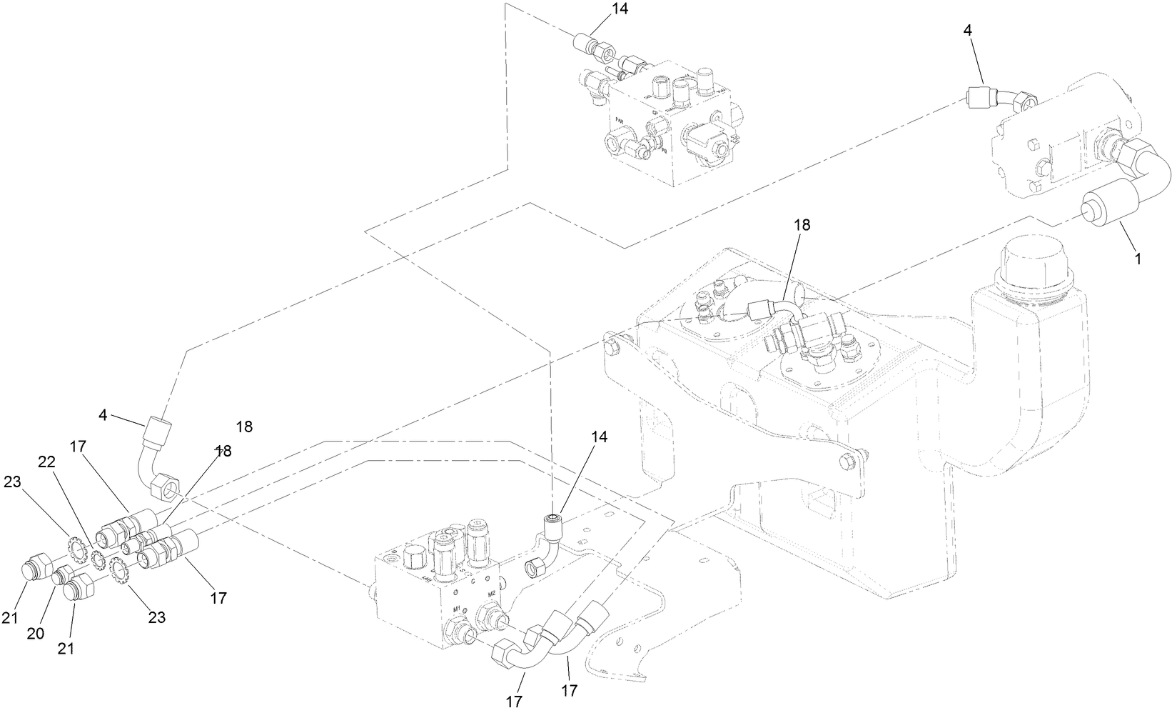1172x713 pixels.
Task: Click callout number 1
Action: (x=1138, y=259)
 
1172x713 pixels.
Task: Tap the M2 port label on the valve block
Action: (x=491, y=594)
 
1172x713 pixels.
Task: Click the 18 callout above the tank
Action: (x=802, y=224)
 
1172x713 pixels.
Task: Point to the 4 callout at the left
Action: (x=103, y=414)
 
